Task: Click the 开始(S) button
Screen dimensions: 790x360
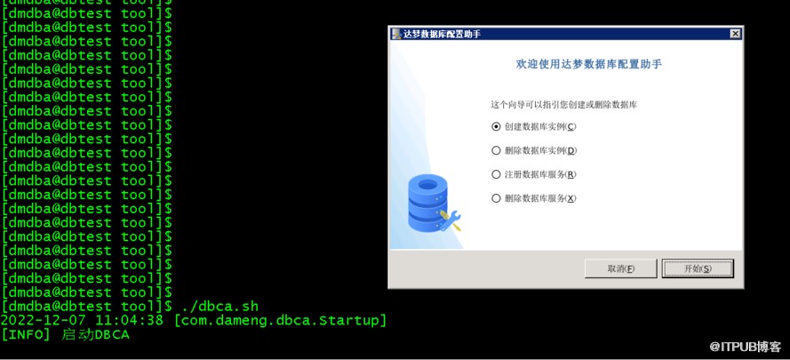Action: [698, 268]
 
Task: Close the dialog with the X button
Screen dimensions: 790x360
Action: [735, 34]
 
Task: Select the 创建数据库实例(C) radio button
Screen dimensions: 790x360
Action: [496, 126]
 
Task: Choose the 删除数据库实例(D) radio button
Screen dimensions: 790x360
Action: [496, 150]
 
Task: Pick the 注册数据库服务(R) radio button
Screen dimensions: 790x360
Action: [496, 174]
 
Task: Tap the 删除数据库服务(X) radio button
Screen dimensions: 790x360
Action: [496, 198]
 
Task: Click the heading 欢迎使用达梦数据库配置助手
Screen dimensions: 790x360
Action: [588, 64]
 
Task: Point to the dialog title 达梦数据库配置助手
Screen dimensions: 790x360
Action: [442, 34]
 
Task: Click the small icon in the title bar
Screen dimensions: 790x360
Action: [396, 34]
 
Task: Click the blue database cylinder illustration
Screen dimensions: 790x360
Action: [427, 203]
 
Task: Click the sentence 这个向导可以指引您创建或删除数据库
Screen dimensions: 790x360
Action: [564, 105]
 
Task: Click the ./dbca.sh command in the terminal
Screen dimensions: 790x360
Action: [220, 306]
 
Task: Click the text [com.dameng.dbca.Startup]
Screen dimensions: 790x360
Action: [280, 321]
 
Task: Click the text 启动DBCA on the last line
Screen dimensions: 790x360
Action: [95, 334]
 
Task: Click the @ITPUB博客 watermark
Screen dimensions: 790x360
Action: [746, 347]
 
